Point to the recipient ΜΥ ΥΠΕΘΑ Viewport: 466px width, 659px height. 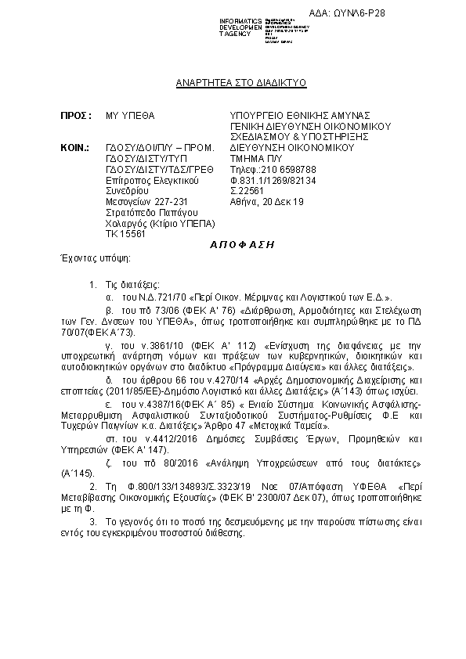tap(130, 115)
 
